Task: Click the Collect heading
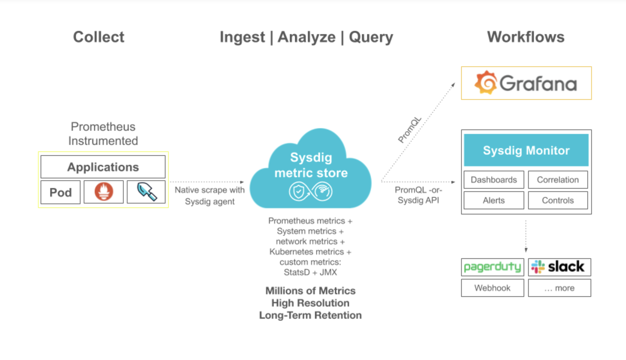coord(99,37)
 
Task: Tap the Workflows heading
coord(526,37)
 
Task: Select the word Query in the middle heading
coord(371,37)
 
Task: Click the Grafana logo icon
coord(486,83)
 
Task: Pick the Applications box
coord(103,167)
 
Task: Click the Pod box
coord(61,192)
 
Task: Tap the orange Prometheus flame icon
coord(104,192)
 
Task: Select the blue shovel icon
coord(147,192)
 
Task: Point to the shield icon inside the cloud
coord(299,192)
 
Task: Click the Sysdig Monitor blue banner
coord(526,150)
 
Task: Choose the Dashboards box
coord(494,180)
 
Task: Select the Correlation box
coord(558,180)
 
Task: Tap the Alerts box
coord(494,200)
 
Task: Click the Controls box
coord(558,200)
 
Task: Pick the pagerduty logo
coord(492,267)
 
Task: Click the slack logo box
coord(559,267)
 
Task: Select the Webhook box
coord(492,288)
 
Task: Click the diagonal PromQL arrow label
coord(410,130)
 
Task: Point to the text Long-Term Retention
coord(310,315)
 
